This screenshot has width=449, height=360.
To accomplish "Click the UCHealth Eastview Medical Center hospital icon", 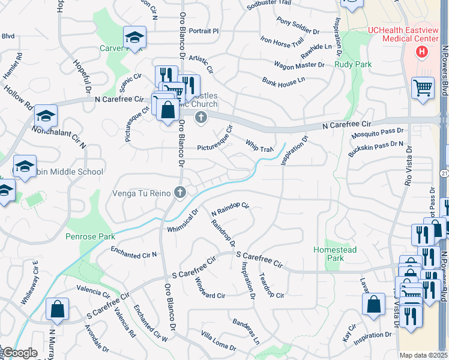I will [x=422, y=52].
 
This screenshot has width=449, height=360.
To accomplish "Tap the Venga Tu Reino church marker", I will [x=179, y=193].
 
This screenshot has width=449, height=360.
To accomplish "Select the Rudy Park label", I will [x=353, y=64].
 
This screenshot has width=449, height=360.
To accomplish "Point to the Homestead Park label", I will [x=335, y=254].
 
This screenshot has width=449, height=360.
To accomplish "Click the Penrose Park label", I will [x=89, y=236].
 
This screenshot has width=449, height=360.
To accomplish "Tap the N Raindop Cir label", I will [x=230, y=209].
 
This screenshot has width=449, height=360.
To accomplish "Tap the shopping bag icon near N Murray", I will [x=57, y=310].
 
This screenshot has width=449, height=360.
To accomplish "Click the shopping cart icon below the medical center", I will [x=423, y=88].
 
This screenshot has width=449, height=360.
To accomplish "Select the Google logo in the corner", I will [x=20, y=353].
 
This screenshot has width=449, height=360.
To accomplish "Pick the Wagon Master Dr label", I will [x=299, y=64].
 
